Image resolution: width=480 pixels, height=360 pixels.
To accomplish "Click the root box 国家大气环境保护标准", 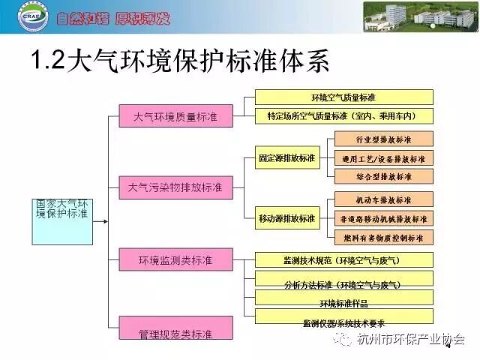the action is pyautogui.click(x=61, y=209).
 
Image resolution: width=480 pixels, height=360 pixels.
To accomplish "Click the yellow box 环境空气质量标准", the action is pyautogui.click(x=344, y=97).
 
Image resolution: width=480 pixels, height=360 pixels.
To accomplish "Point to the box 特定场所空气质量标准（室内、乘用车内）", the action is pyautogui.click(x=344, y=116).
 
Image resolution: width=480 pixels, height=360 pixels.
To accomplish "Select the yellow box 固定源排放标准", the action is pyautogui.click(x=286, y=158).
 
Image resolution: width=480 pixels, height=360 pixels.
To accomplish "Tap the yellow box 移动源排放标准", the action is pyautogui.click(x=286, y=218).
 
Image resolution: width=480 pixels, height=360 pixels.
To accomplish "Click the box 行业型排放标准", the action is pyautogui.click(x=382, y=139).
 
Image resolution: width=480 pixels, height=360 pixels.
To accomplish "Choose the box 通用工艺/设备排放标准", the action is pyautogui.click(x=382, y=159).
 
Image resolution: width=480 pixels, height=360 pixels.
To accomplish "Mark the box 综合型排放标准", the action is pyautogui.click(x=382, y=178).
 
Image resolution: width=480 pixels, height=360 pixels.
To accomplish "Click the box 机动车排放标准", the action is pyautogui.click(x=382, y=200).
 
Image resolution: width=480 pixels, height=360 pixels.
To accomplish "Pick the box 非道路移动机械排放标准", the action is pyautogui.click(x=382, y=219).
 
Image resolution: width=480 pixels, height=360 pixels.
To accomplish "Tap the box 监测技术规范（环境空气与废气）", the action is pyautogui.click(x=344, y=260).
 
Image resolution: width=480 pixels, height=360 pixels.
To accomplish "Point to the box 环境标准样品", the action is pyautogui.click(x=344, y=304).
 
